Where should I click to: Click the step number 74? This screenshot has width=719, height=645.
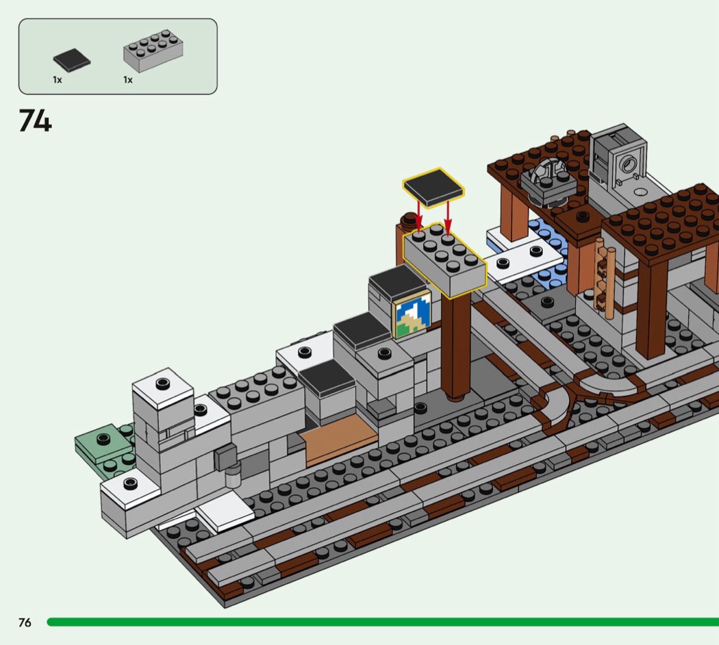[36, 121]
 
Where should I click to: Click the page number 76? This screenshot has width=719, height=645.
[25, 622]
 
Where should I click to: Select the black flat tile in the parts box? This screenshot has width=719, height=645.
[71, 60]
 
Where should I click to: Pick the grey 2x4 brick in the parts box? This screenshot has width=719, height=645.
[153, 51]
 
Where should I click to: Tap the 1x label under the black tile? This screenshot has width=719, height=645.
[58, 79]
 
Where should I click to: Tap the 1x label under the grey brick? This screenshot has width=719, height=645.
[128, 79]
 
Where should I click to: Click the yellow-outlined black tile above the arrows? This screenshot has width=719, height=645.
[433, 188]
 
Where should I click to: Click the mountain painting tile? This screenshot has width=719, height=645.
[413, 314]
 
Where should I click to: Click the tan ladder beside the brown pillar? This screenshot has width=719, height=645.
[604, 279]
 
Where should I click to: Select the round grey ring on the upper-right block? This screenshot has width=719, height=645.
[628, 164]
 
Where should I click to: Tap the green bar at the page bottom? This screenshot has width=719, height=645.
[383, 622]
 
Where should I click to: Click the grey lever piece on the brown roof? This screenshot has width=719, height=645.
[548, 181]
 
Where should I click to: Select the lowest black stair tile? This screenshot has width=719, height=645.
[326, 378]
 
